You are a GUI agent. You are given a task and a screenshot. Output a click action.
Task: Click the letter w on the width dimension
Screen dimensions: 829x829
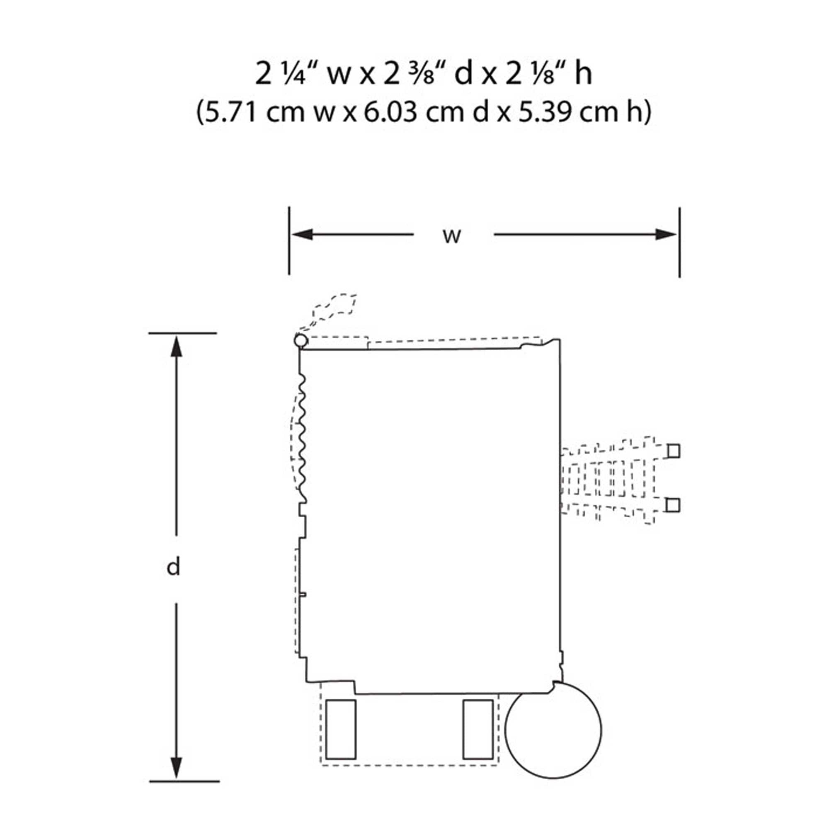(x=452, y=236)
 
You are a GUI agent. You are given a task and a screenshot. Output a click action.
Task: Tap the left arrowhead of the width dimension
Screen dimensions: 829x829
(x=302, y=235)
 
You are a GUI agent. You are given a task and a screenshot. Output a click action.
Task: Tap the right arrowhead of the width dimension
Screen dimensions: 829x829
(x=666, y=235)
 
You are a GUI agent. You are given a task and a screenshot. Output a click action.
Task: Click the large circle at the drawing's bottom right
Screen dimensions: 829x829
(x=553, y=729)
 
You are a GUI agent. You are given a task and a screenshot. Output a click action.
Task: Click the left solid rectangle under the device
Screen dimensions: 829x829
(x=341, y=730)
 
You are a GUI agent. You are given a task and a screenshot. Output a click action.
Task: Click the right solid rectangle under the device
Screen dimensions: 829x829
(x=478, y=730)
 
